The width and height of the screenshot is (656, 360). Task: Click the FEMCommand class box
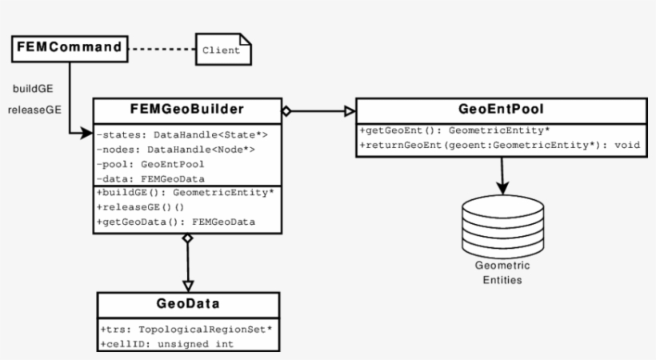(x=70, y=48)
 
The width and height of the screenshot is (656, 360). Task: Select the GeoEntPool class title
(x=501, y=110)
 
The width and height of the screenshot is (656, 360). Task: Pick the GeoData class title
(x=189, y=306)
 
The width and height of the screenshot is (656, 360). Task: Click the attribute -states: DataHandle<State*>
(x=182, y=134)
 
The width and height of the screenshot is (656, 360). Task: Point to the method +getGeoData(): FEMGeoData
(x=176, y=222)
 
